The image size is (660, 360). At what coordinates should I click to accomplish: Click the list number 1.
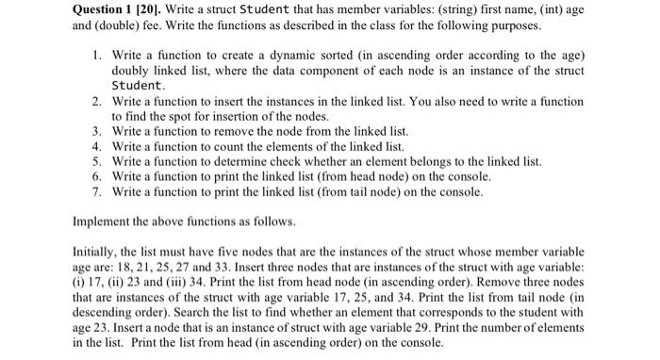96,57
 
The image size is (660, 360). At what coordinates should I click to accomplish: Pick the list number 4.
96,147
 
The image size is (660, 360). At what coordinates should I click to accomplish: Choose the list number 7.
96,192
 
